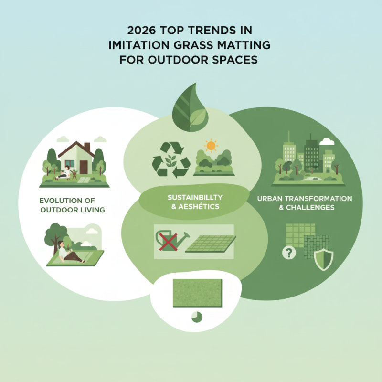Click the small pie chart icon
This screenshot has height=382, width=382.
(x=196, y=316)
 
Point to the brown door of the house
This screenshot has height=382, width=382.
(x=84, y=167)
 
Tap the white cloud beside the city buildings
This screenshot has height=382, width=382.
(x=327, y=141)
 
